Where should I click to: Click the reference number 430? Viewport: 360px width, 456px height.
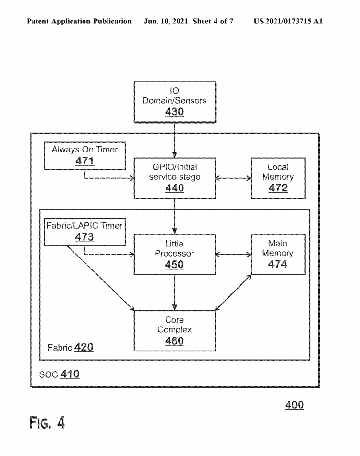(174, 112)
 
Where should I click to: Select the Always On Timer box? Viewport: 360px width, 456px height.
(84, 155)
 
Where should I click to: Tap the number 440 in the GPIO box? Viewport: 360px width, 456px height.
(174, 188)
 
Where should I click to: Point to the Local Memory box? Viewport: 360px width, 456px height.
(278, 177)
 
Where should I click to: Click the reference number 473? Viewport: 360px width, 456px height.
(84, 237)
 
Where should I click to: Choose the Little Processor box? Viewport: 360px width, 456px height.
(174, 254)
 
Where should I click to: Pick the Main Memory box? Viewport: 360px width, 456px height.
(278, 254)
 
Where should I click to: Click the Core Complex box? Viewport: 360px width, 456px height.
(174, 330)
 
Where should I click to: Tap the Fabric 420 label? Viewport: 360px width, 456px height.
(70, 347)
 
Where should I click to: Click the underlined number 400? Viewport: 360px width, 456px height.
(294, 405)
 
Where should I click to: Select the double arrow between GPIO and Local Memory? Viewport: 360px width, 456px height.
(233, 178)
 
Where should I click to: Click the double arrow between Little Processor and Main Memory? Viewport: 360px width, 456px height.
(233, 254)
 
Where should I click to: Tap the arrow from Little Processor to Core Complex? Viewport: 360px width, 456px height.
(175, 292)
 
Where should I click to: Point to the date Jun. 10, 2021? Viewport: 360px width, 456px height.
(165, 22)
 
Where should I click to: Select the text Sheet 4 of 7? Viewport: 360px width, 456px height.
(213, 22)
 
